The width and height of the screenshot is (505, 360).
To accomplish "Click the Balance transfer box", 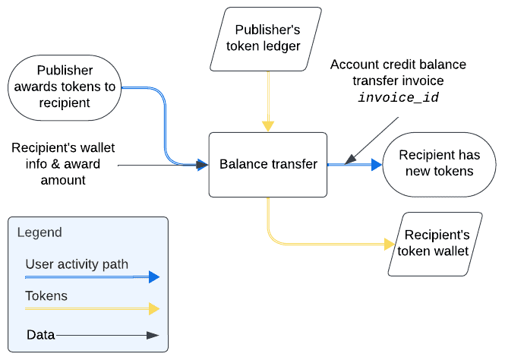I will click(268, 164).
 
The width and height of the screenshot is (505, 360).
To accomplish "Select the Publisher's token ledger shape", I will click(267, 38).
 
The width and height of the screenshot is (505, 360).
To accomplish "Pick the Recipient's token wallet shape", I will click(436, 243).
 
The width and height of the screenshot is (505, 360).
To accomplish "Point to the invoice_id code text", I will click(398, 98).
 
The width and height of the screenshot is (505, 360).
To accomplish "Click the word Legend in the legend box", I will click(39, 232).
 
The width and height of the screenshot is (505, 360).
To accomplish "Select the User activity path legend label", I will click(77, 264).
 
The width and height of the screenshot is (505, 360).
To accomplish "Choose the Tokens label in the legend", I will click(46, 295).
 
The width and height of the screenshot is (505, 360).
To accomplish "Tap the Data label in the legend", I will click(40, 334).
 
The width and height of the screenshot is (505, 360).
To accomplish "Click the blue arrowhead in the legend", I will click(154, 277).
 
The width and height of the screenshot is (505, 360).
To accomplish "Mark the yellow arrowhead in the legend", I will click(154, 308).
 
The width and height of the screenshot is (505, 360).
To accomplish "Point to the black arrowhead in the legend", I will click(154, 334).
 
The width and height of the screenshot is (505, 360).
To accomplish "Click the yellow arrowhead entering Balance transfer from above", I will click(267, 127).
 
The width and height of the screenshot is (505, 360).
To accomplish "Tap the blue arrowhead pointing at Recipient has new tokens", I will click(377, 164).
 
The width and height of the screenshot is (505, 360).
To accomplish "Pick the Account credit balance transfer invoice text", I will click(398, 72).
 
